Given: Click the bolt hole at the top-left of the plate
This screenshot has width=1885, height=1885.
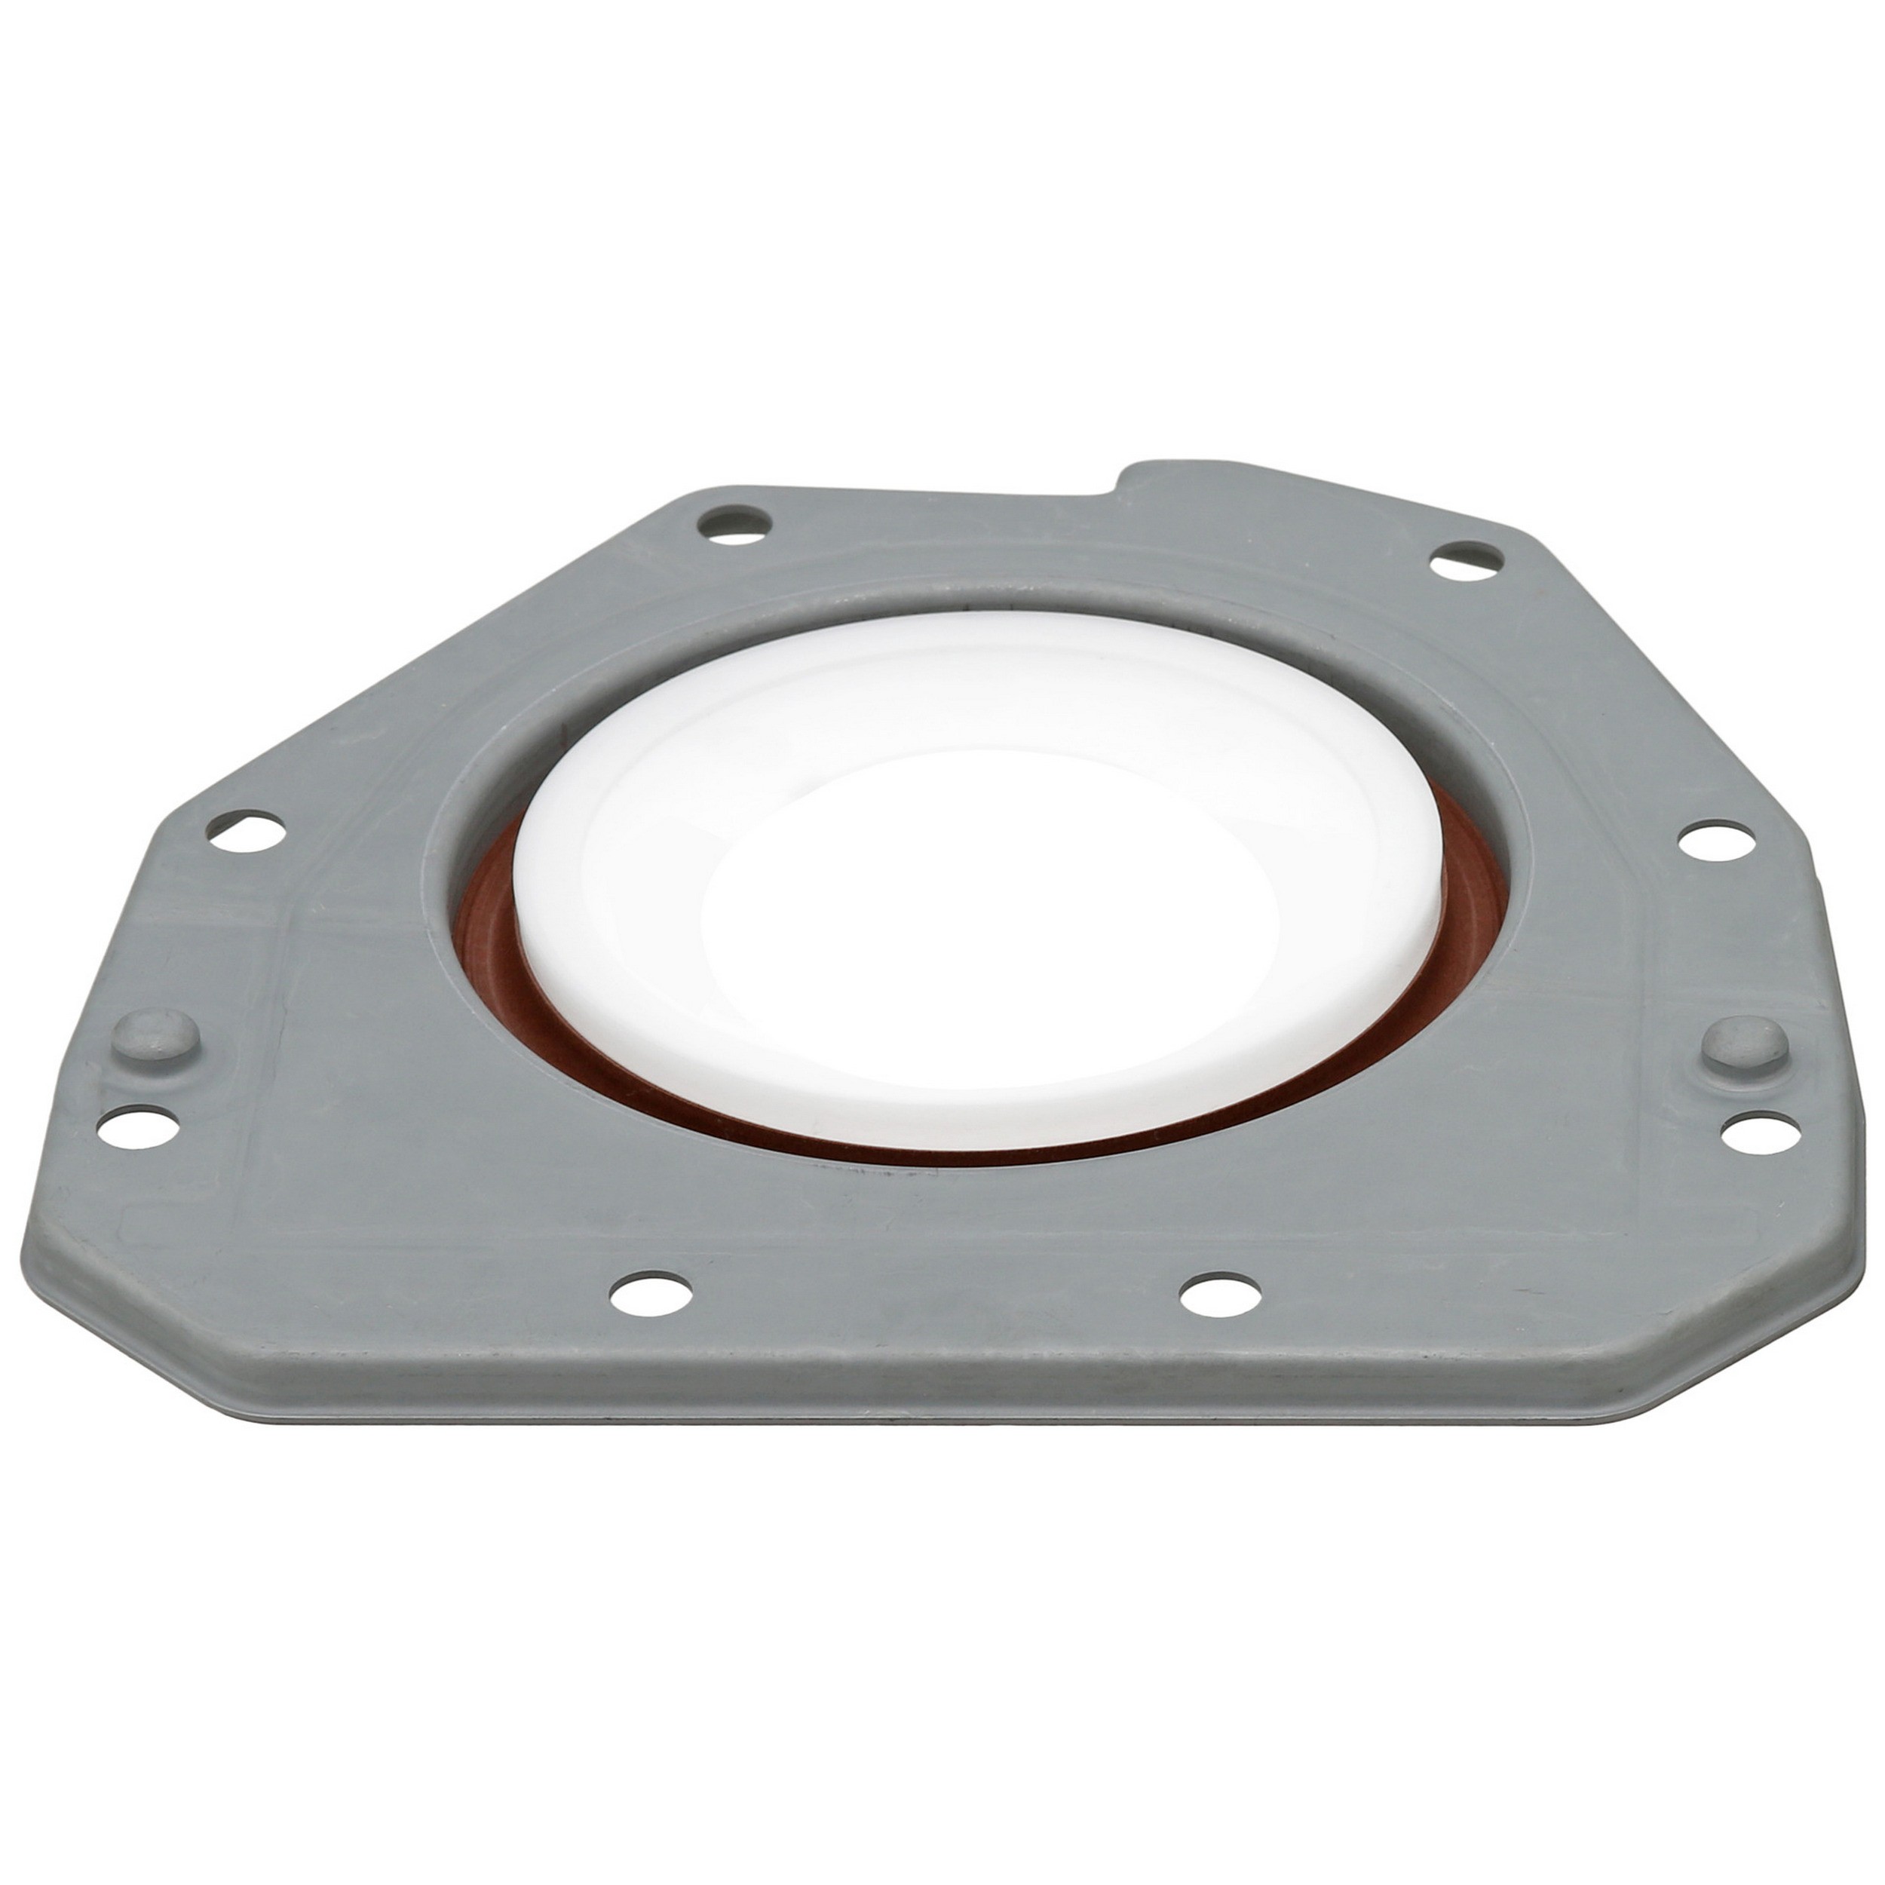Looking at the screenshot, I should click(737, 521).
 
